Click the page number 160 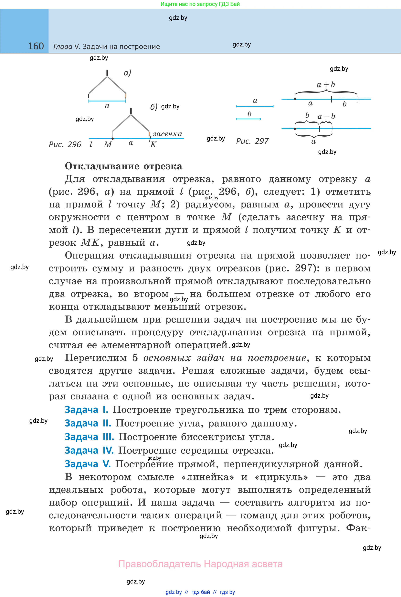[36, 46]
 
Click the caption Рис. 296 [65, 144]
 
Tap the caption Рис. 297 [252, 141]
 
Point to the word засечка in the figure [167, 134]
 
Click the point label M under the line [108, 144]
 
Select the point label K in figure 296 [153, 144]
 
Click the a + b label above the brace [326, 84]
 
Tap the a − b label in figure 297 [326, 116]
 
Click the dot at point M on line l [112, 139]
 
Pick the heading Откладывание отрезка [123, 166]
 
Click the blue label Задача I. [86, 410]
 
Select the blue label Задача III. [89, 437]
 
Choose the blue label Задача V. [88, 464]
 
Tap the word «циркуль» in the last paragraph [281, 477]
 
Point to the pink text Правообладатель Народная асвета [200, 564]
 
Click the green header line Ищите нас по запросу [200, 4]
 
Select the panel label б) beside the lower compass [154, 107]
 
